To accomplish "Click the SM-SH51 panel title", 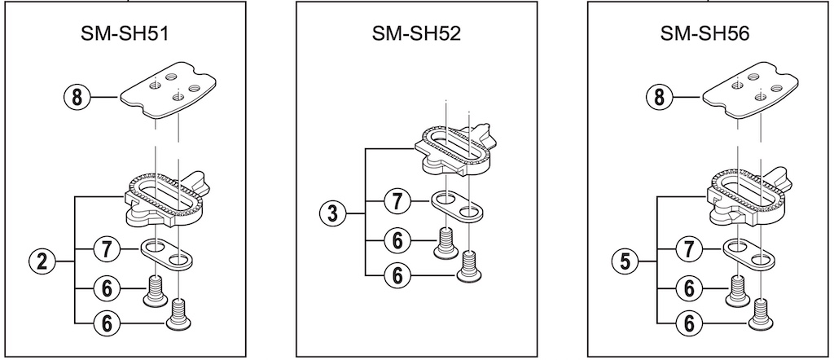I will tap(132, 35).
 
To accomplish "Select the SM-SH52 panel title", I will tap(417, 35).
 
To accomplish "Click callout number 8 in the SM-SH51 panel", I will tap(77, 98).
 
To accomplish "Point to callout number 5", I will tap(622, 261).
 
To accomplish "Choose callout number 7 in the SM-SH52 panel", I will tap(396, 200).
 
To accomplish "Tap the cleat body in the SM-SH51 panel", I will tap(166, 199).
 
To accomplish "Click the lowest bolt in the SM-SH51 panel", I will tap(179, 315).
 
